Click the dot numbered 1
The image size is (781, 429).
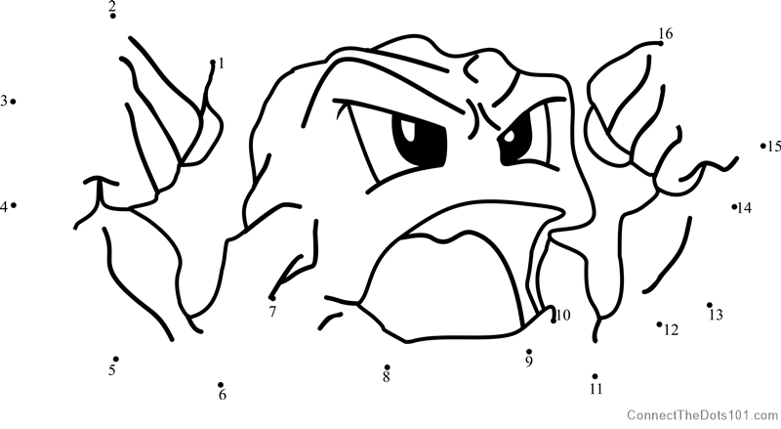coord(213,63)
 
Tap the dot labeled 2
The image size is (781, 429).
coord(113,16)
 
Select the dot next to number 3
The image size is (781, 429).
coord(13,102)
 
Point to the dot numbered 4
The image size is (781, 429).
coord(14,205)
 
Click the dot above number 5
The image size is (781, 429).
coord(115,359)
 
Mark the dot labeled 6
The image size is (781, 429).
coord(221,385)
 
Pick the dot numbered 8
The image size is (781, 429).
coord(387,367)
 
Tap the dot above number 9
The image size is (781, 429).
coord(528,351)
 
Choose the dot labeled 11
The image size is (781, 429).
coord(595,376)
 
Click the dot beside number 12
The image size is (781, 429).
coord(659,324)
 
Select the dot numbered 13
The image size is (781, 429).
coord(710,305)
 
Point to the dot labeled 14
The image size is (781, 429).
coord(734,206)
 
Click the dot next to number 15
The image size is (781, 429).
coord(762,146)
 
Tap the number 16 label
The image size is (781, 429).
coord(666,33)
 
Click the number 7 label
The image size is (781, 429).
coord(272,312)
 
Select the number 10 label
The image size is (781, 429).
coord(563,316)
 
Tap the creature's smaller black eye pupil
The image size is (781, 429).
coord(515,140)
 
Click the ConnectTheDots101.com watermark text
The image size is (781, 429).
coord(702,415)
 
